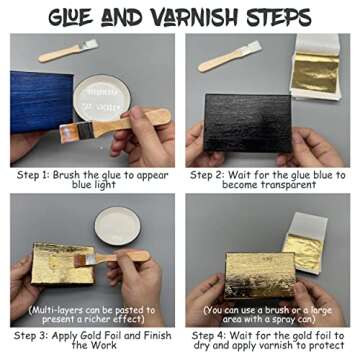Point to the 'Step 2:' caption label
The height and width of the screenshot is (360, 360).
pyautogui.click(x=214, y=173)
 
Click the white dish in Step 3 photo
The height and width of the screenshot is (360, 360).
pyautogui.click(x=124, y=240)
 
